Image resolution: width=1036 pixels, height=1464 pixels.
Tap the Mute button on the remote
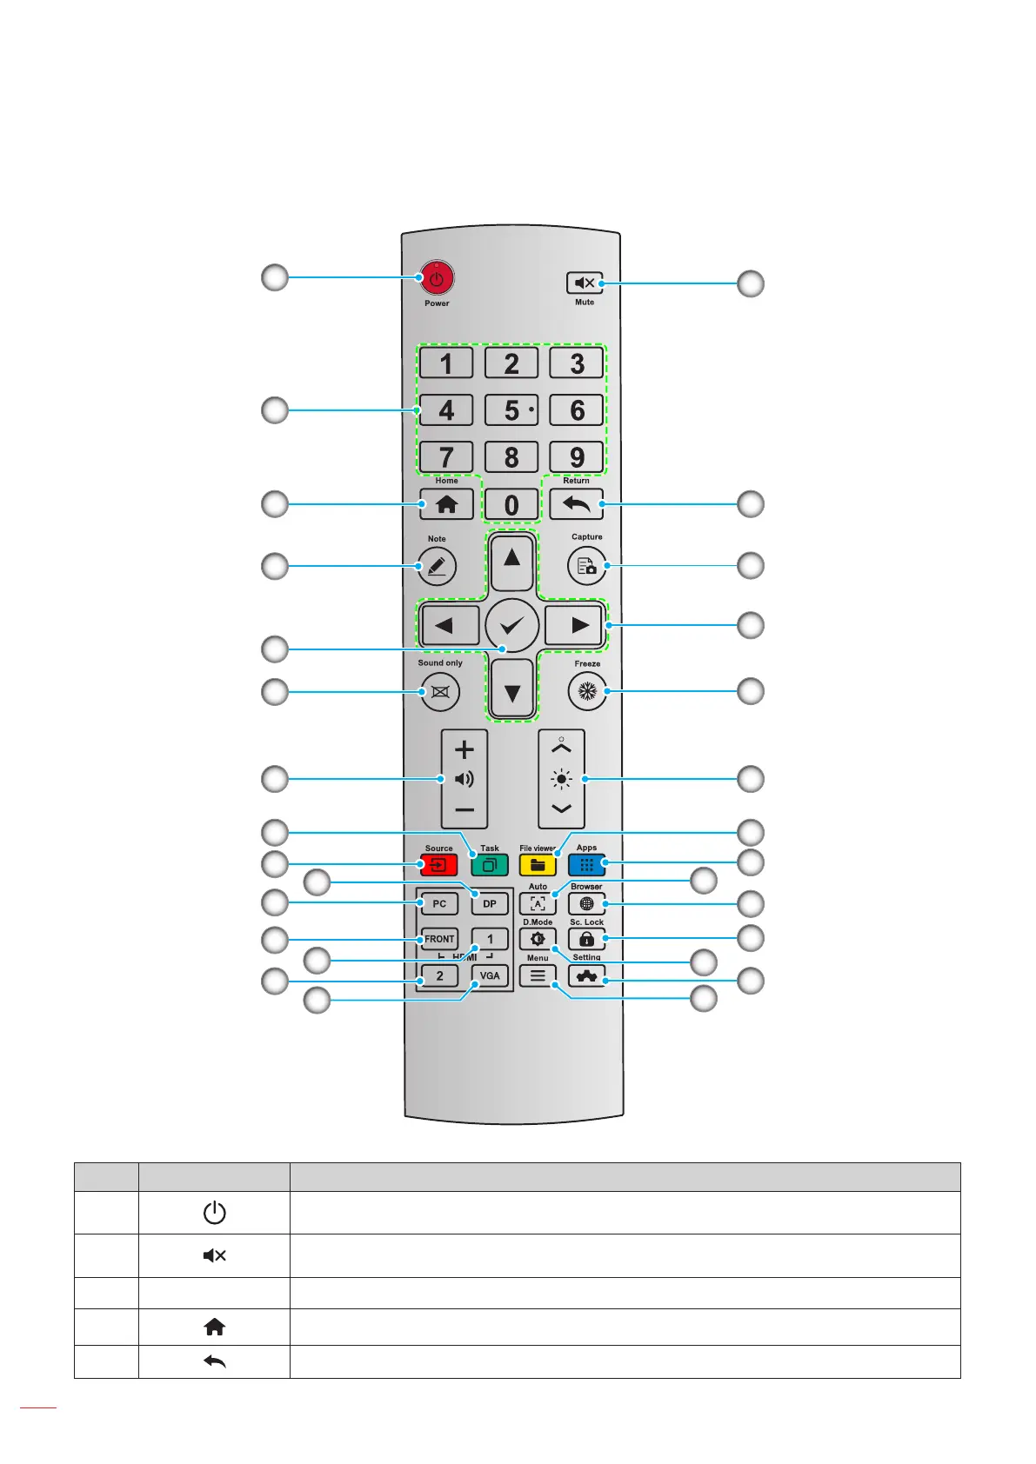point(584,283)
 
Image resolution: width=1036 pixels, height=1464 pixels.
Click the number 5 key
point(511,409)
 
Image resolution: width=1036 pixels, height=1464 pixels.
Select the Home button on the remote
point(446,504)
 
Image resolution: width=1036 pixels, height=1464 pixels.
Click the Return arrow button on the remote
point(576,504)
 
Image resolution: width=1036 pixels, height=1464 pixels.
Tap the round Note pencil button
point(437,566)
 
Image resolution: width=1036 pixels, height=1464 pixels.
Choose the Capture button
point(586,566)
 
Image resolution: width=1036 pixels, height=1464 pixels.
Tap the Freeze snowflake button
point(587,691)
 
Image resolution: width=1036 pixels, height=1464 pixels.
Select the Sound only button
point(440,691)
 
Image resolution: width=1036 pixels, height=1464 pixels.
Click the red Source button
point(438,865)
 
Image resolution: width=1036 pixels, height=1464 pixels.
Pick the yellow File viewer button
point(538,865)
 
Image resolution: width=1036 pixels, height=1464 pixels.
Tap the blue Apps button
point(586,865)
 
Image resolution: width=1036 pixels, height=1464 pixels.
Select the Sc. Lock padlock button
point(586,939)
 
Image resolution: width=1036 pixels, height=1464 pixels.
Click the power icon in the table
point(215,1213)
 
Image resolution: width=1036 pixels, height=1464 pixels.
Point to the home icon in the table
point(215,1326)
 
